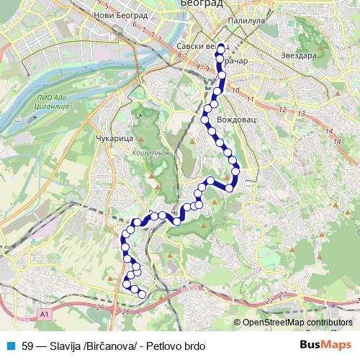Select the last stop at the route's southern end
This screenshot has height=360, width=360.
click(x=142, y=294)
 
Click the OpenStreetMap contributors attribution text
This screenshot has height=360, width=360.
click(x=297, y=323)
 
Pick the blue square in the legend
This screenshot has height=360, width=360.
click(x=9, y=346)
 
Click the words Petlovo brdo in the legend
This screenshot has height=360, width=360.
click(x=175, y=346)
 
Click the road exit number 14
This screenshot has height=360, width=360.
click(x=329, y=131)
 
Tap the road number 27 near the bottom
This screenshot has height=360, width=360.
click(x=283, y=295)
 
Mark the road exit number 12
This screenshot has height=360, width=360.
click(x=282, y=109)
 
